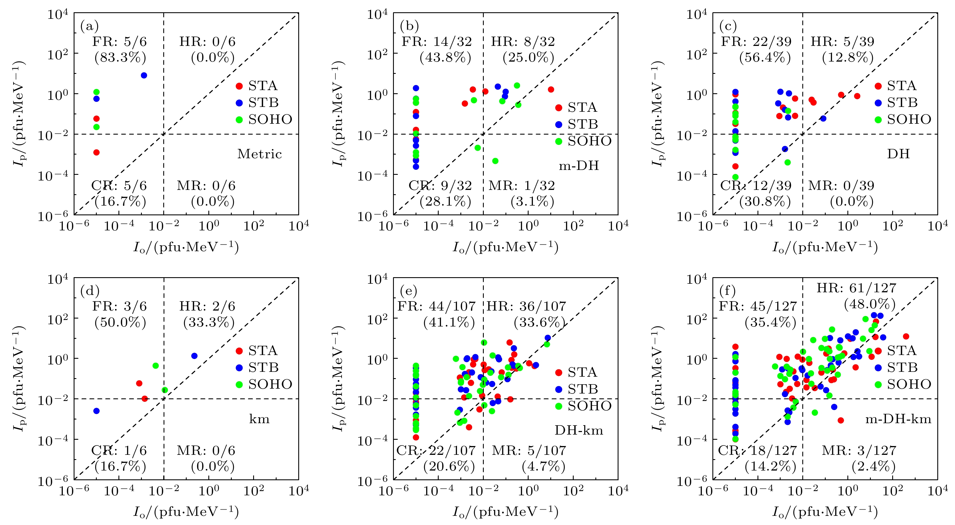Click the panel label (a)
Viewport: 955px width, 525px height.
pos(89,26)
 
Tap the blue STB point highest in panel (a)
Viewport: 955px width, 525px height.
pos(144,76)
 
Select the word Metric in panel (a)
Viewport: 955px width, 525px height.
pos(259,154)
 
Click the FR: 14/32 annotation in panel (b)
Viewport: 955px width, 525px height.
pos(436,42)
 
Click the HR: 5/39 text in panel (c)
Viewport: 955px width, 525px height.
pos(842,42)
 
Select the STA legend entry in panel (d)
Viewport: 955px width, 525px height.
pos(263,350)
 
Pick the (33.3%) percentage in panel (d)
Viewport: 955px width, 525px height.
pos(209,322)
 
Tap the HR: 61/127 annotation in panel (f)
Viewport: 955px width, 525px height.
pos(856,288)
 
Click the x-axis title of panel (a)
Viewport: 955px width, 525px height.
pos(186,247)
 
